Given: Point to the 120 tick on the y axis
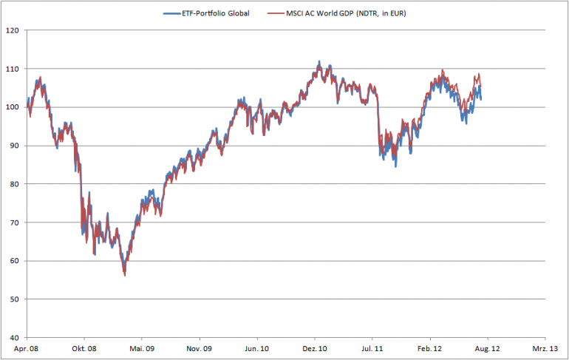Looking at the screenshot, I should pyautogui.click(x=13, y=31).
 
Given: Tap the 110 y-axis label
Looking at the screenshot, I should pyautogui.click(x=13, y=69).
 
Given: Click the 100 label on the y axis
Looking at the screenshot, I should pyautogui.click(x=13, y=107).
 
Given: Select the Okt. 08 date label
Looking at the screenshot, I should pyautogui.click(x=84, y=347).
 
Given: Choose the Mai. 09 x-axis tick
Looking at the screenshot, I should pyautogui.click(x=142, y=347).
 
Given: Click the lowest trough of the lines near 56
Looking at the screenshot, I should pyautogui.click(x=124, y=275).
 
